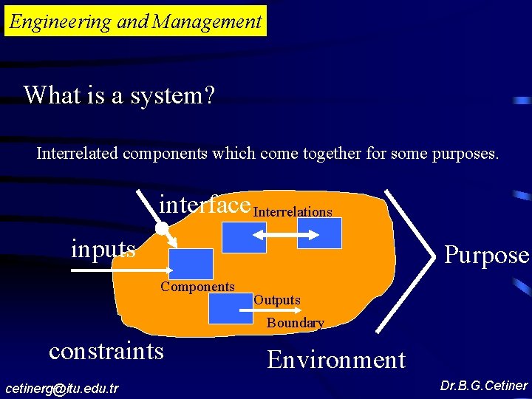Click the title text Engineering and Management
(x=136, y=21)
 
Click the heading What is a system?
(x=119, y=95)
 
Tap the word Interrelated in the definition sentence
(x=78, y=154)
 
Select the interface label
(x=205, y=203)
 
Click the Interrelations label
(x=293, y=212)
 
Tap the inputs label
(x=103, y=248)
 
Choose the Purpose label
(x=486, y=255)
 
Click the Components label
(x=197, y=287)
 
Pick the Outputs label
(x=277, y=300)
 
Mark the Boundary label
(x=296, y=323)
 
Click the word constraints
(x=106, y=350)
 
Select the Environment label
(x=336, y=360)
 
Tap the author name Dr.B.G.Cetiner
(x=484, y=386)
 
